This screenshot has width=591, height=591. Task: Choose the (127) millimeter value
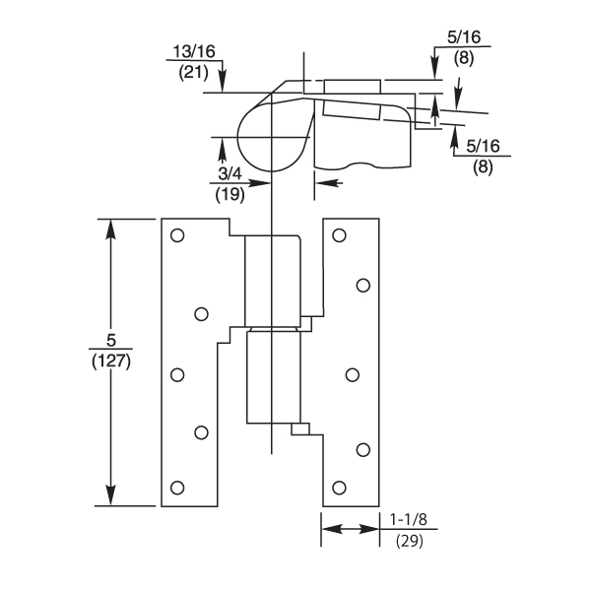click(111, 361)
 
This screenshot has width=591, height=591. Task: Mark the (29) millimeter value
click(409, 540)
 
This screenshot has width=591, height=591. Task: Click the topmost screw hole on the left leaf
click(177, 235)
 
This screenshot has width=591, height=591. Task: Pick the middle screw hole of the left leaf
click(177, 374)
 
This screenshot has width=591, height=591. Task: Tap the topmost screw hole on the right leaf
click(339, 235)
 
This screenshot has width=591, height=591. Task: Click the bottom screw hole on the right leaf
click(339, 488)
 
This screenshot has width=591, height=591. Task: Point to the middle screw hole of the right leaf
click(351, 374)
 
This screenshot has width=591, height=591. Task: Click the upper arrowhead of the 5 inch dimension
click(111, 229)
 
